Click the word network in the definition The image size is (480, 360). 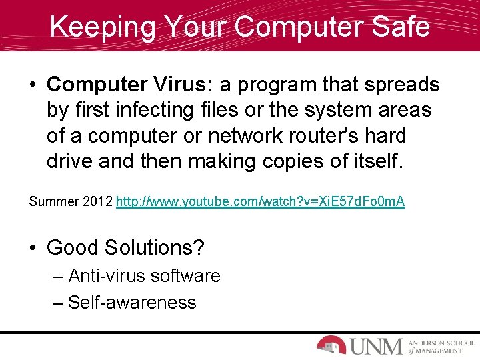239,135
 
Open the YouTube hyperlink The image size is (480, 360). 260,201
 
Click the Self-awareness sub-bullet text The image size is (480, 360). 132,302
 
